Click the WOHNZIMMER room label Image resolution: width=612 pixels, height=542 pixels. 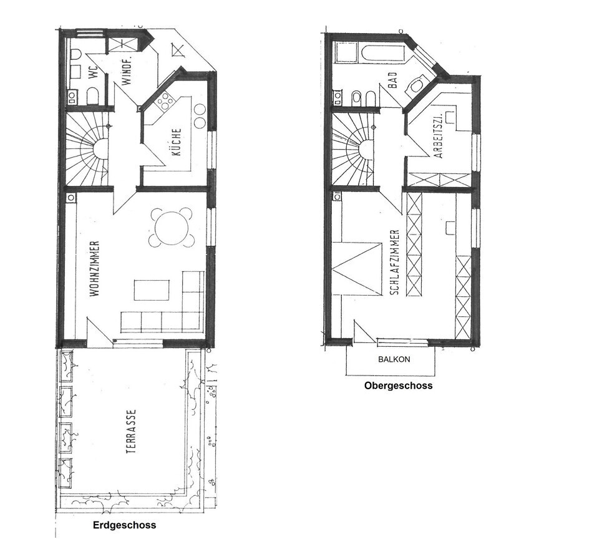pos(95,268)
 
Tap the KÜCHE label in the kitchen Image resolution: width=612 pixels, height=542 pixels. pos(177,142)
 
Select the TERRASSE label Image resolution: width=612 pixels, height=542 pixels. pos(132,431)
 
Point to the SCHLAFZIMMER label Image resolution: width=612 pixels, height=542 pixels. pos(395,262)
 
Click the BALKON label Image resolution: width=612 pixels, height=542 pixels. pos(394,359)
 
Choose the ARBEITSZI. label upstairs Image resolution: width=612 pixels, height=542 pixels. pos(439,136)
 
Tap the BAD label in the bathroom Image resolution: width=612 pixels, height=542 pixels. pos(392,80)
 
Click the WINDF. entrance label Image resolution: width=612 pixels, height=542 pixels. pos(127,70)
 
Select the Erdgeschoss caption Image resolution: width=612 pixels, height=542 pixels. pos(125,525)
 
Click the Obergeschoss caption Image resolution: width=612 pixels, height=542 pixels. pos(399,385)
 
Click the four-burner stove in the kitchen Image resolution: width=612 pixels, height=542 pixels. pos(165,100)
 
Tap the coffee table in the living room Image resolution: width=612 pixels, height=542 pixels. pos(152,290)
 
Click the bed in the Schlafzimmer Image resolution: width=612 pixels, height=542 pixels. pos(357,268)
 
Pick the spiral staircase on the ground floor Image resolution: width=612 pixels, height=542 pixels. pos(86,149)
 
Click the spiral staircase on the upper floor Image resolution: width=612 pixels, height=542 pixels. pos(353,149)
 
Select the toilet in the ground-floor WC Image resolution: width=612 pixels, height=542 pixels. pos(92,95)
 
